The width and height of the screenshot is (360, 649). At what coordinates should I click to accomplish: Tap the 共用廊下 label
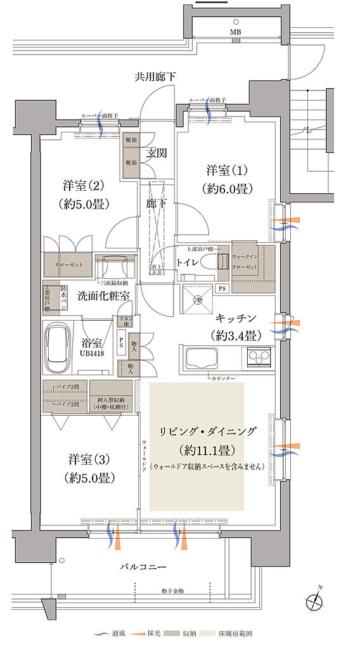click(155, 77)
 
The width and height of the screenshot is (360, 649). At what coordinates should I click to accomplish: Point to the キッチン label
click(236, 319)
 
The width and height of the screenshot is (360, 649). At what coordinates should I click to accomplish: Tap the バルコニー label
click(143, 565)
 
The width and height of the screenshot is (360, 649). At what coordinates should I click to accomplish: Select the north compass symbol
click(314, 600)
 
